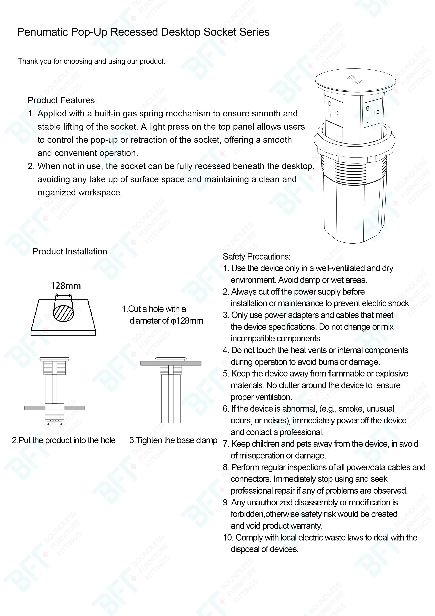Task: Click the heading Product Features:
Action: pos(62,100)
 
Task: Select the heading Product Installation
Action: pos(70,251)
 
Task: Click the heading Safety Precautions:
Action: pos(256,257)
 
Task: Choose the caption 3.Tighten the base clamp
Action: pos(173,440)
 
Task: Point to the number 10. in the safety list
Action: pos(229,538)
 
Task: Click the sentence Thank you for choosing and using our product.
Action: pos(91,61)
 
